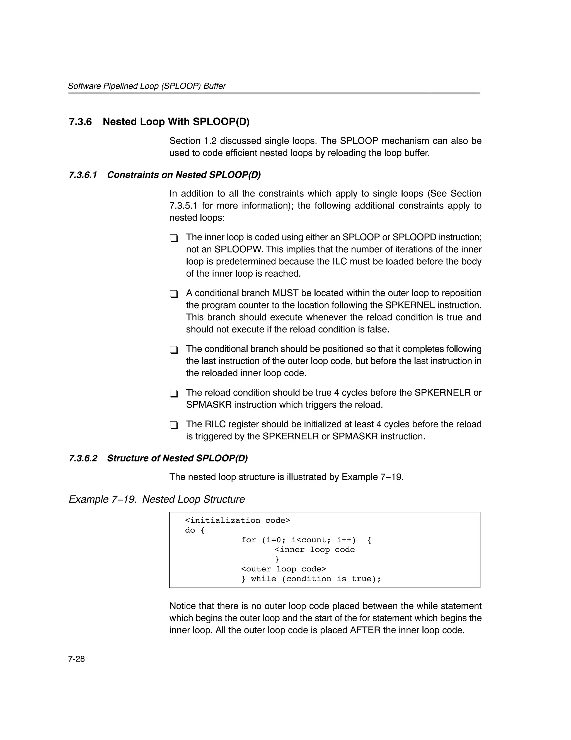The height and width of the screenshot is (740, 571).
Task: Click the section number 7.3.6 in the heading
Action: click(x=80, y=122)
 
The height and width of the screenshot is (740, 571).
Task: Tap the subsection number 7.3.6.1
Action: click(x=83, y=175)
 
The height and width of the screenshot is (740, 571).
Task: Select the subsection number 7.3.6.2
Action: click(x=83, y=458)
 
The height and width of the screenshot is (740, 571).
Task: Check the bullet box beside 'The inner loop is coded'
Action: click(x=174, y=238)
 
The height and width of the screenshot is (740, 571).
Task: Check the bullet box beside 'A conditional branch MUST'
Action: click(x=174, y=294)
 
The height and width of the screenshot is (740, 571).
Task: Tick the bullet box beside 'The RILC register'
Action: click(x=174, y=425)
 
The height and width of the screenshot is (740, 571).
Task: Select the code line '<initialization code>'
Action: click(x=237, y=520)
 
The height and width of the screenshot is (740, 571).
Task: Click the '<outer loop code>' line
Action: click(x=283, y=569)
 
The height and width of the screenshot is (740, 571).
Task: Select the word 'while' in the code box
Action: click(x=263, y=579)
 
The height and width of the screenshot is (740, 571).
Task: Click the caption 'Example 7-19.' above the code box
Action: click(x=103, y=499)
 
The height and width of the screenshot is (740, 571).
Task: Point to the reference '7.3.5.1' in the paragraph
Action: click(x=183, y=206)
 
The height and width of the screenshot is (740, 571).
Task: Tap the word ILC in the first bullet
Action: click(x=340, y=262)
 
